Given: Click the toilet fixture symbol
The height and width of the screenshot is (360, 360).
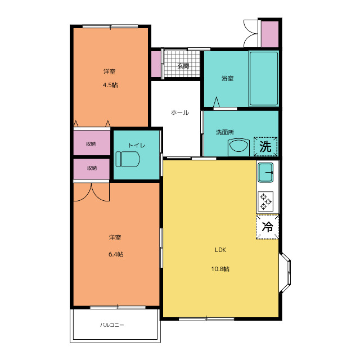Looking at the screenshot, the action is coord(128,159).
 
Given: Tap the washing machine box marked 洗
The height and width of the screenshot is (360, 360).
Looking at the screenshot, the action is coord(265,146).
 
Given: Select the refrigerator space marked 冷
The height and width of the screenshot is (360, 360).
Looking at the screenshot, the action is coord(268,227).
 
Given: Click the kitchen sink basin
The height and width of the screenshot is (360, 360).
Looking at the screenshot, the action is coord(265,173).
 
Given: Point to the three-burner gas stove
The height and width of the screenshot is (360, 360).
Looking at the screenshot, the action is coord(265,201).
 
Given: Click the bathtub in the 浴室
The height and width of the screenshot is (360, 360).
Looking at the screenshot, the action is coord(264,79).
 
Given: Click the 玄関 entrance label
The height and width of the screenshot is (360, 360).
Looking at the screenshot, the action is coord(183,66).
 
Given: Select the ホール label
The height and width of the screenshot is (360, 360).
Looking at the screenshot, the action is coord(180,112).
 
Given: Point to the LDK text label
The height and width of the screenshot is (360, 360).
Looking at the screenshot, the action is coord(220,250).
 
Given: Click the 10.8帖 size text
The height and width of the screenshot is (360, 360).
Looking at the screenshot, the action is coord(220,269).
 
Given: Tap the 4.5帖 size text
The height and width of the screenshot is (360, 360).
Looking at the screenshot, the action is coord(110,85).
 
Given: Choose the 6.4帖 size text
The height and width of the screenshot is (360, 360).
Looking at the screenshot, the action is coord(116,254).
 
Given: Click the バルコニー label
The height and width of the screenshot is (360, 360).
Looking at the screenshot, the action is coord(112,325).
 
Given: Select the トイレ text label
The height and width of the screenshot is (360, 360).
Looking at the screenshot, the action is coord(137,145).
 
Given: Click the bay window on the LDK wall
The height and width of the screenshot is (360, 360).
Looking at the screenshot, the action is coord(285,273).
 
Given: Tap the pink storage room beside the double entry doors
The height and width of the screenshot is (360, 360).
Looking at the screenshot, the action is coord(270,34).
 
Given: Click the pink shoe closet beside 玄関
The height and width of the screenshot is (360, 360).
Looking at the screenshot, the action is coord(156,64).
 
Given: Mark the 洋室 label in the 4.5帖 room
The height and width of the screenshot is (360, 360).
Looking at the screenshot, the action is coord(109,71).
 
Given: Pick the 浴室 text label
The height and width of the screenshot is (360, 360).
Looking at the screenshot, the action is coord(227,79).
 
